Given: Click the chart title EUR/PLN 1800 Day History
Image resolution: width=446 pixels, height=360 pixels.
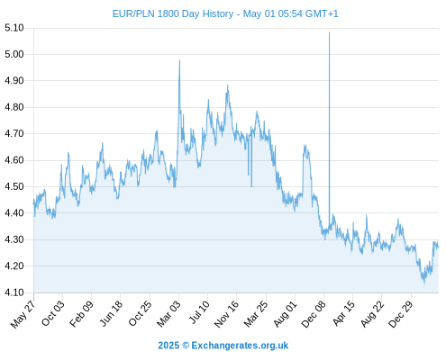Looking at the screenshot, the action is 173,13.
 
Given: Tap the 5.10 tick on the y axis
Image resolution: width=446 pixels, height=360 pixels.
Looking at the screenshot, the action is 14,28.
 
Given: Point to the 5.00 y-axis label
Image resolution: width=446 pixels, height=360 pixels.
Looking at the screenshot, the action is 14,54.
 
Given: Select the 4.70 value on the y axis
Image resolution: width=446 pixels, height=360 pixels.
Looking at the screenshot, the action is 14,133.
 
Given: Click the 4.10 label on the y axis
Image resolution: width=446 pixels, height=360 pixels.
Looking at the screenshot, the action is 14,292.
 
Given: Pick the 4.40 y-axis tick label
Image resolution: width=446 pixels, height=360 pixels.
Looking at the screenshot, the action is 14,213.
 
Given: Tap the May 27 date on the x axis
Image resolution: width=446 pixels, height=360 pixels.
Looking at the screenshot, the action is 23,314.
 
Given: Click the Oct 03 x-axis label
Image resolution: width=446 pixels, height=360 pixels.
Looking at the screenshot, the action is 53,313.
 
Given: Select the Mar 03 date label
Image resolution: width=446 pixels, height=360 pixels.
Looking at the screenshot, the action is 168,313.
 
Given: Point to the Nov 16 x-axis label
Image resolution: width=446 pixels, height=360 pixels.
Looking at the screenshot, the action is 226,314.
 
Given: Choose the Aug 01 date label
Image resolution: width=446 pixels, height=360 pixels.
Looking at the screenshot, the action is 285,314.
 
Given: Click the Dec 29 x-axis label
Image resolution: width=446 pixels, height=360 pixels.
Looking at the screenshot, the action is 400,314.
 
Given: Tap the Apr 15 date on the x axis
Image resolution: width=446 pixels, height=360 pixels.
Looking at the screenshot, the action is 343,313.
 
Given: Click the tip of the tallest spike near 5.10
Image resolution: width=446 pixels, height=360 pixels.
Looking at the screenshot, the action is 329,32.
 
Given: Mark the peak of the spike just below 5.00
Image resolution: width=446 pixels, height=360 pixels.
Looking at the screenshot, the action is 179,59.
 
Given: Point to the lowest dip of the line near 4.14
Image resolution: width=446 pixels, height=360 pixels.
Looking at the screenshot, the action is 424,283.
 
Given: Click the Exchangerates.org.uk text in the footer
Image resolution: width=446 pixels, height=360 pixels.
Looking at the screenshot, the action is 240,346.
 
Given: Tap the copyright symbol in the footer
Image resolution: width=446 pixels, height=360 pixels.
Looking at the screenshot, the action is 186,346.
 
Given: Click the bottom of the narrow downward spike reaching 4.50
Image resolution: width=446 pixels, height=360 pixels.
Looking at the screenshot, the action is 251,186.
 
